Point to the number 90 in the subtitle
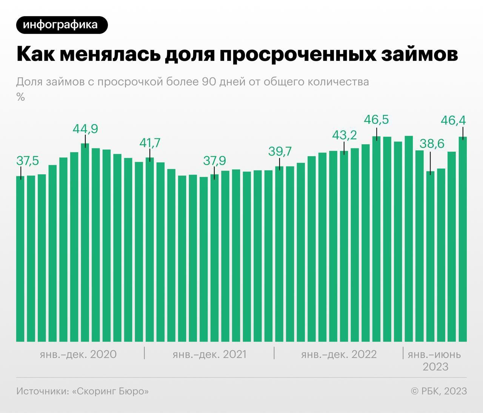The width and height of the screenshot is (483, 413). (x=209, y=82)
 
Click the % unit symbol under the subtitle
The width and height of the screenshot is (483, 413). (x=20, y=97)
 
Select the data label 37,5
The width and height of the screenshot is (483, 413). (x=28, y=161)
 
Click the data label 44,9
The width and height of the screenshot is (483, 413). (x=85, y=129)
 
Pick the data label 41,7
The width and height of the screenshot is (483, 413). (x=150, y=143)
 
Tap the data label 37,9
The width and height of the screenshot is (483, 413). (x=214, y=161)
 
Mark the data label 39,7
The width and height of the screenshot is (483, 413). (x=280, y=151)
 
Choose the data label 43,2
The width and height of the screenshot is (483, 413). (x=344, y=135)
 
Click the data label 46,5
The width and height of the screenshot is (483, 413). (x=376, y=120)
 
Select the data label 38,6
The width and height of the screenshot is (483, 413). (x=432, y=144)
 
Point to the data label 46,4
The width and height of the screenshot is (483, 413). (x=453, y=121)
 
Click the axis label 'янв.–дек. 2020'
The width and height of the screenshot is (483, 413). (x=78, y=354)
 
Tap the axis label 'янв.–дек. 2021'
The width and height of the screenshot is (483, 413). (x=209, y=354)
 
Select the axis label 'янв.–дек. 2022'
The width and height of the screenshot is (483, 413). (x=339, y=354)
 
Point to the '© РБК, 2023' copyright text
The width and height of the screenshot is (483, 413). (x=438, y=391)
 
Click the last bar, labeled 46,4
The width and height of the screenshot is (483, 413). (x=463, y=242)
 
